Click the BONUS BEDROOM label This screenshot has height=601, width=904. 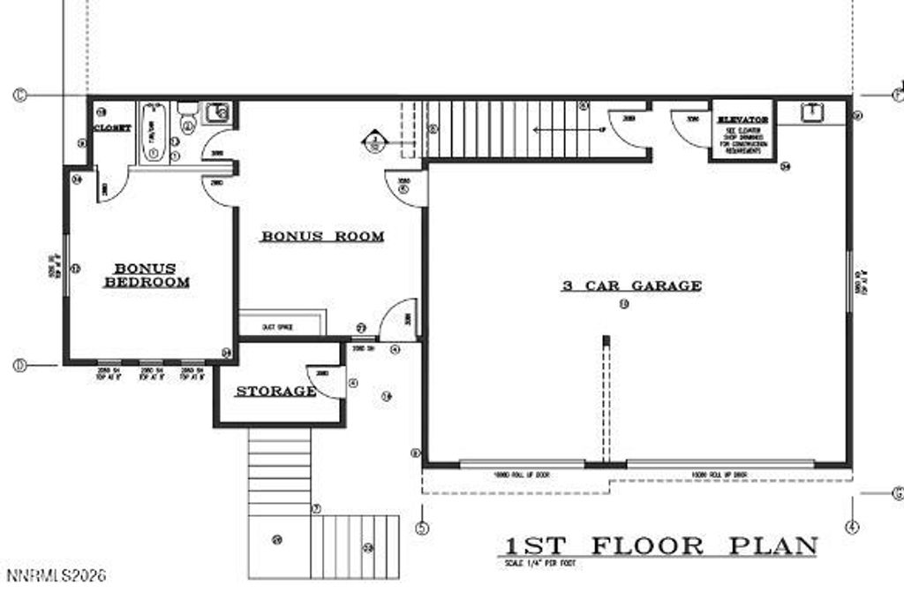coord(147,275)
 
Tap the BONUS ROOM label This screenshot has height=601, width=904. coord(322,236)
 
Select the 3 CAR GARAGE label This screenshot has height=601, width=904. coord(632,285)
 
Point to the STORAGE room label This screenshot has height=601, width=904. coord(275,391)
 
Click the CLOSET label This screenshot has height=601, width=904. coord(112,128)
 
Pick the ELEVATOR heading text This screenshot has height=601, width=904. coord(742,118)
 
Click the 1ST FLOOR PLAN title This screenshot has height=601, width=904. coord(661,545)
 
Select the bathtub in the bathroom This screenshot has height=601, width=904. coord(153,133)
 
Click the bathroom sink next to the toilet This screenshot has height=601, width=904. coord(217,112)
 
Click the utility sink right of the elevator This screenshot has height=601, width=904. coord(810,112)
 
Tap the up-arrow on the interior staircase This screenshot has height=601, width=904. coord(565,129)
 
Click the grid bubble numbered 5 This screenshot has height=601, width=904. coord(422,529)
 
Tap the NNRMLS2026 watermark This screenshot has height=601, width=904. coord(56,575)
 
